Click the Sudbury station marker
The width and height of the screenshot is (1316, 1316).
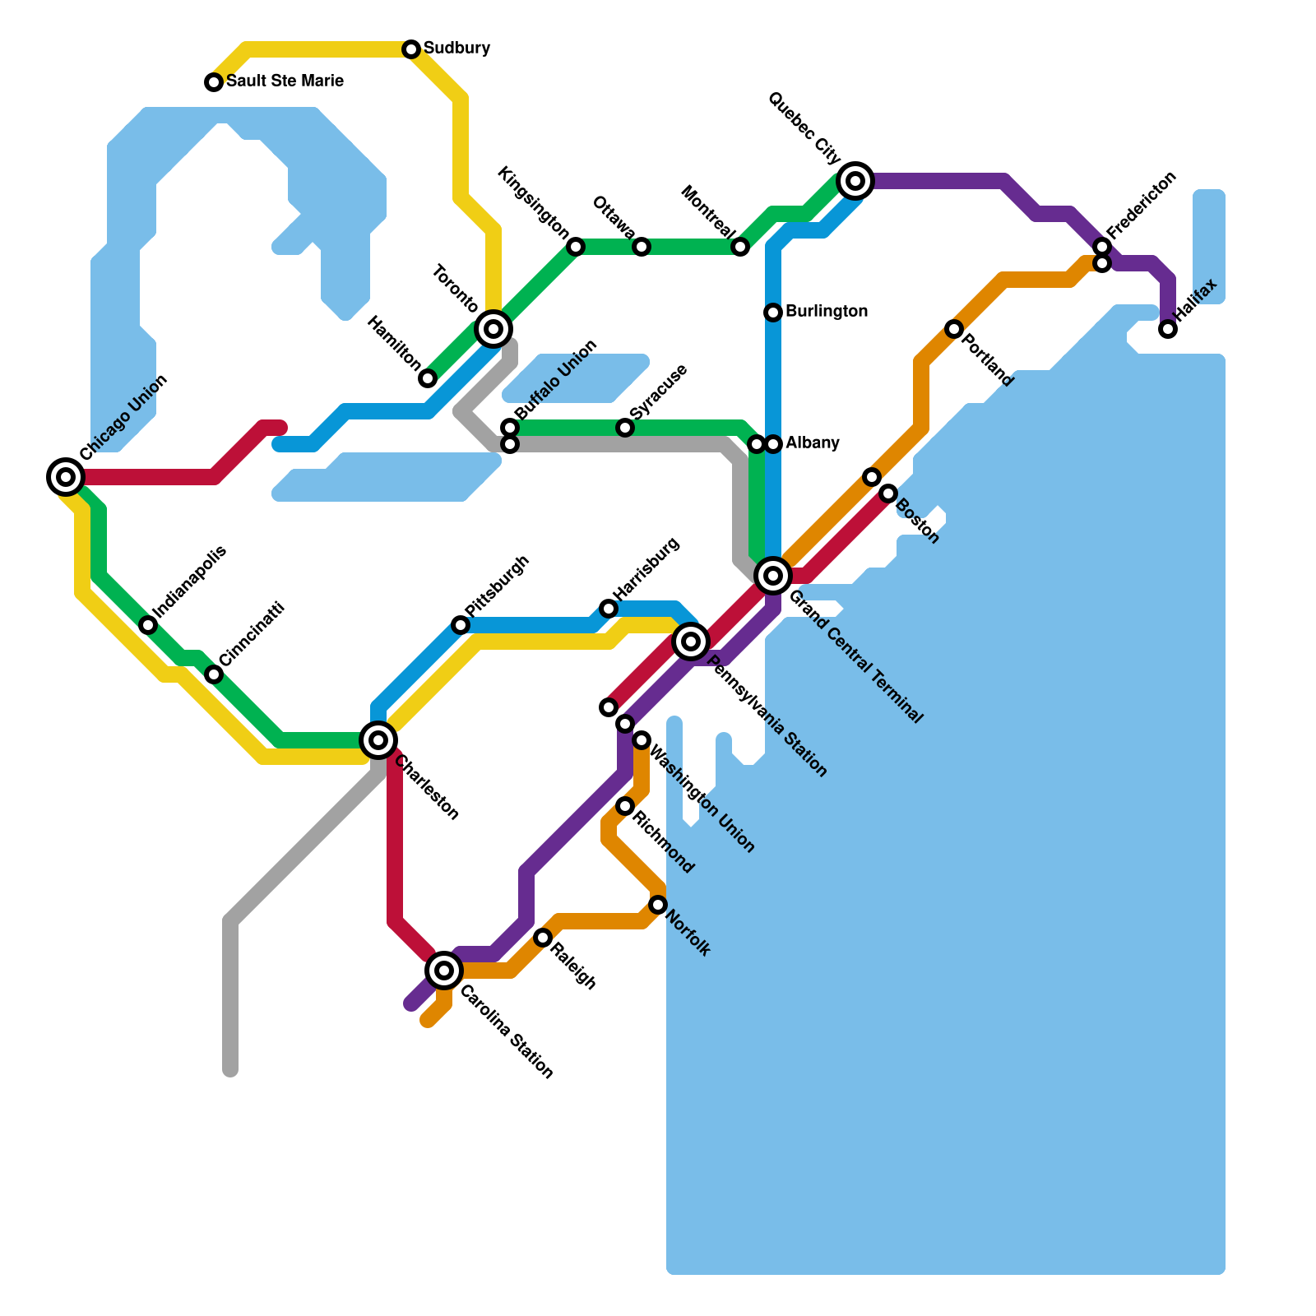coord(411,49)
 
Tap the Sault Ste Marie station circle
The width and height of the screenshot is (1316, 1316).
coord(214,82)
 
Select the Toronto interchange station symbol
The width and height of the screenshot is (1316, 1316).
coord(493,329)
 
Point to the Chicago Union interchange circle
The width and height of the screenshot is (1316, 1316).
coord(66,477)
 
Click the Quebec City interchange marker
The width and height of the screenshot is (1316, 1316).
coord(855,181)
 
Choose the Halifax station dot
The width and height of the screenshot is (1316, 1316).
coord(1168,329)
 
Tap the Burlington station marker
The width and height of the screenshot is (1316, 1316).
coord(773,313)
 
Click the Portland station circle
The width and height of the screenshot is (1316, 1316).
coord(954,329)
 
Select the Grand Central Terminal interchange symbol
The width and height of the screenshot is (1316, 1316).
coord(773,576)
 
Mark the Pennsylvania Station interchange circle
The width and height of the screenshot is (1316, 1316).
coord(691,642)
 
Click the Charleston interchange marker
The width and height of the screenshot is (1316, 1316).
coord(378,740)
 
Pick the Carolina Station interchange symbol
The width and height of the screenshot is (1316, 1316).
coord(444,971)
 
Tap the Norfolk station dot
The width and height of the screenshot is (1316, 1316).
coord(658,905)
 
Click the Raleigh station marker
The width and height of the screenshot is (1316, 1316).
coord(543,938)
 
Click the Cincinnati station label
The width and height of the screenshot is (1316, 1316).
coord(252,635)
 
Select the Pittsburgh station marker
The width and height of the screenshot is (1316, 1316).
coord(461,625)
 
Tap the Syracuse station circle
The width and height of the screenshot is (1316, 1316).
coord(625,428)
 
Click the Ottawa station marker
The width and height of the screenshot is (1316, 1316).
coord(642,247)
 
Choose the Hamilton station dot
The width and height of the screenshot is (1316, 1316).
coord(428,378)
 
